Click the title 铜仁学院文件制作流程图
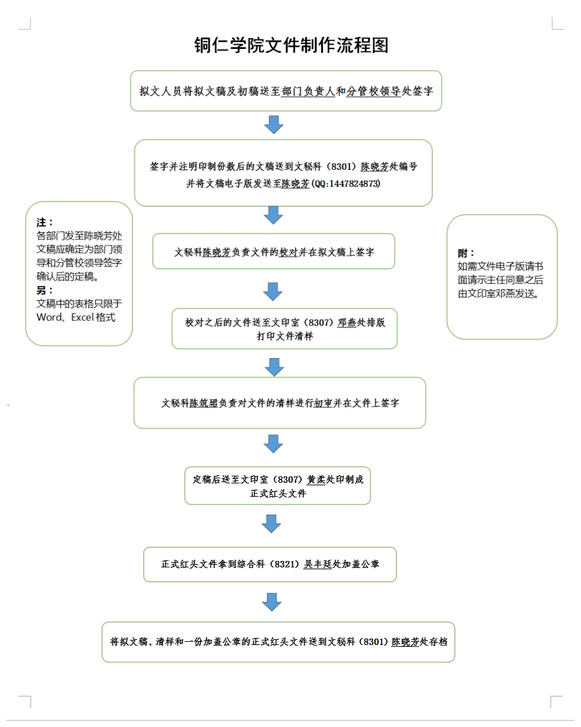(x=290, y=45)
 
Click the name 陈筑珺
(x=204, y=403)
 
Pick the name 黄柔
(x=316, y=480)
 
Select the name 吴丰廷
(x=318, y=564)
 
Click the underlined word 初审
(x=323, y=403)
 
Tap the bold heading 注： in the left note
(x=45, y=223)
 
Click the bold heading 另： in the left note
(x=45, y=291)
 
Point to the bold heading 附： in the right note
(x=466, y=253)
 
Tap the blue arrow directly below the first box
(x=273, y=125)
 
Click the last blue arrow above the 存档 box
(x=271, y=601)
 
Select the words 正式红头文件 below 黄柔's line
(x=278, y=493)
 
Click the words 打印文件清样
(x=285, y=336)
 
